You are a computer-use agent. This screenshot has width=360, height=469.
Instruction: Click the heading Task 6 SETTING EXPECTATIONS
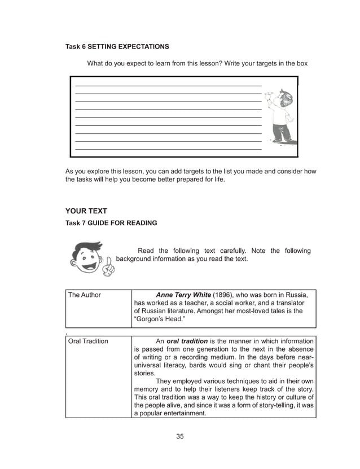coord(117,46)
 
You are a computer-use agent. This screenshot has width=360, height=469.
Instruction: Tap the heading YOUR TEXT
coord(86,211)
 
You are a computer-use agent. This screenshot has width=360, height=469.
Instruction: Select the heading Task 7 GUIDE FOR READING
coord(111,223)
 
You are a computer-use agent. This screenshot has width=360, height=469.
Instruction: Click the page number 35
coord(179,436)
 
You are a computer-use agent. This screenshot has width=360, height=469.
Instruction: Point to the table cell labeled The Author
coord(85,295)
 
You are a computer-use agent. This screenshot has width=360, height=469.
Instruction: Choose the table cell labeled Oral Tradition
coord(88,341)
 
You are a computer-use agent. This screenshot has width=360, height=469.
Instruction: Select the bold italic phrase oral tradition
coord(187,341)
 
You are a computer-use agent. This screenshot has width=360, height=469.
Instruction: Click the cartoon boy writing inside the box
coord(280,117)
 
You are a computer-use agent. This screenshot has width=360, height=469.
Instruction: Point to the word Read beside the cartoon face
coord(146,251)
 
